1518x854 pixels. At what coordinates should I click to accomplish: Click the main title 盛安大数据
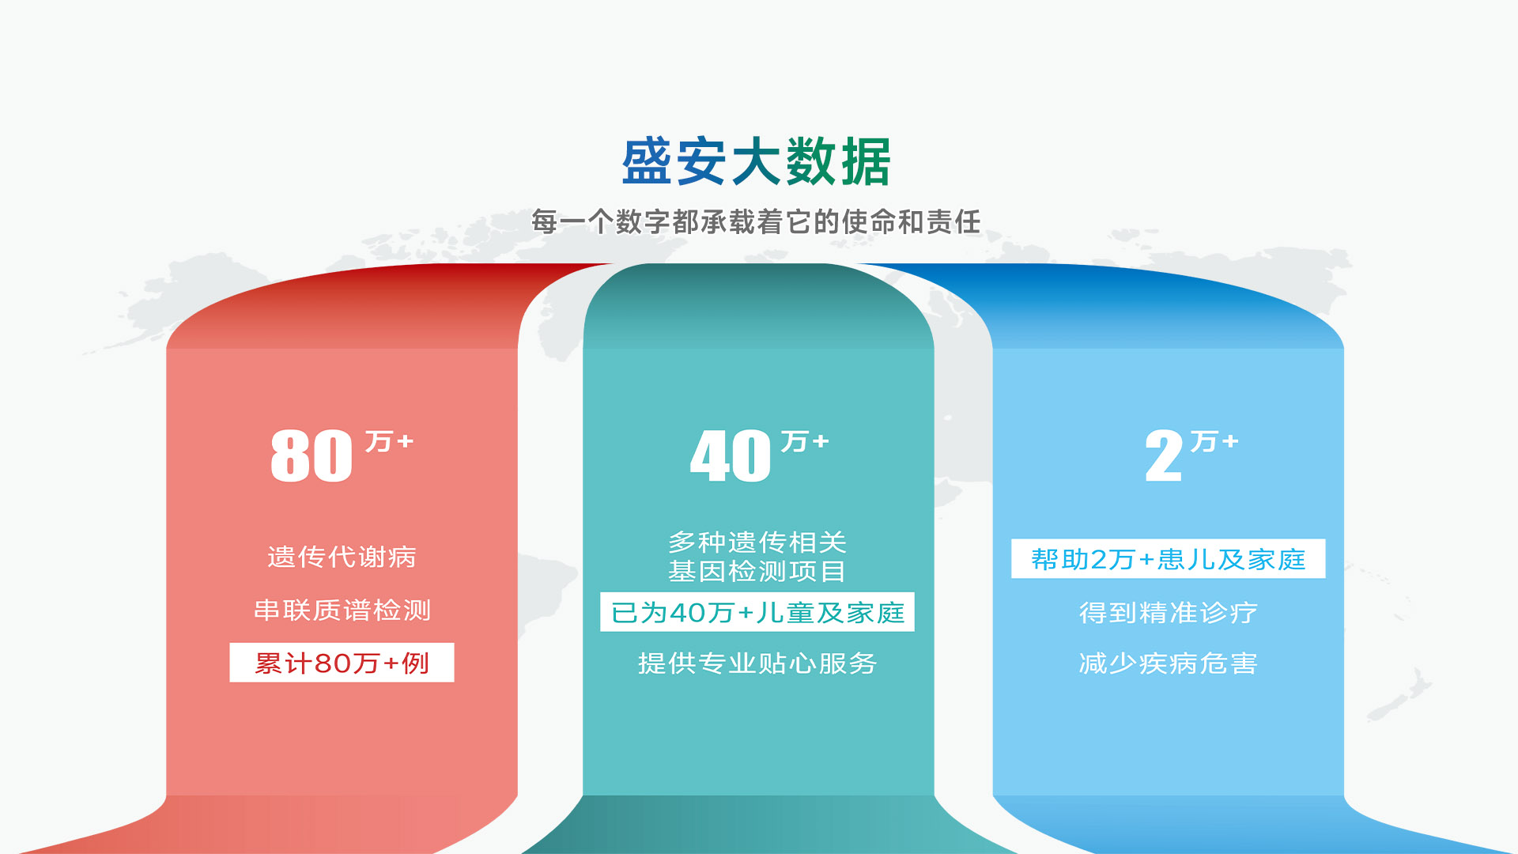click(x=757, y=162)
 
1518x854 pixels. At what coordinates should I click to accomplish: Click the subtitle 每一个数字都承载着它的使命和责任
click(x=756, y=222)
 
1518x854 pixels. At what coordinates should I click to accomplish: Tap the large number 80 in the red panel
click(x=312, y=456)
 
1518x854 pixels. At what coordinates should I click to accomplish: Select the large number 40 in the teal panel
click(x=731, y=456)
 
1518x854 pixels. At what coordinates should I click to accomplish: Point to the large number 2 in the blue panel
click(x=1164, y=456)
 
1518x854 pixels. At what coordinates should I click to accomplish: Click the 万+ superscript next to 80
click(x=389, y=441)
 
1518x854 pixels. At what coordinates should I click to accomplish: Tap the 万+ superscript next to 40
click(x=805, y=441)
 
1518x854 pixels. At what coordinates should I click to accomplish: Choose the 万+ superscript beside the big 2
click(x=1214, y=441)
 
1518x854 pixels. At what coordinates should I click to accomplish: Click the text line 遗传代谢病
click(x=342, y=557)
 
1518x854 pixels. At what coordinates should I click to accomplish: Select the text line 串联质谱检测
click(x=342, y=610)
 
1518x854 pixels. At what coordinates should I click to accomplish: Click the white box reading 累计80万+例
click(x=342, y=663)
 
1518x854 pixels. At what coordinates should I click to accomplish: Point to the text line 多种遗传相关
click(x=757, y=542)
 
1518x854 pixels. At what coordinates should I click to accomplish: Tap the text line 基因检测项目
click(x=757, y=571)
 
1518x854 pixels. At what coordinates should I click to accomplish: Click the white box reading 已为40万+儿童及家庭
click(x=757, y=612)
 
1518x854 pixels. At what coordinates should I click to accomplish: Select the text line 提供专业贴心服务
click(x=757, y=663)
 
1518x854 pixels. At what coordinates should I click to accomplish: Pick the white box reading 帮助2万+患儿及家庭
click(x=1169, y=559)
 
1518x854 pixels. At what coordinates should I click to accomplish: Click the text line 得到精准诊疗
click(x=1169, y=613)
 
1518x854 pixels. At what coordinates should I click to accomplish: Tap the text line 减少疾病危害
click(x=1169, y=663)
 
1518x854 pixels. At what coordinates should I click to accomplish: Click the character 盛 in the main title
click(x=648, y=162)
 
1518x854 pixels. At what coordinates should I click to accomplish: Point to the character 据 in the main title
click(x=866, y=162)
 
